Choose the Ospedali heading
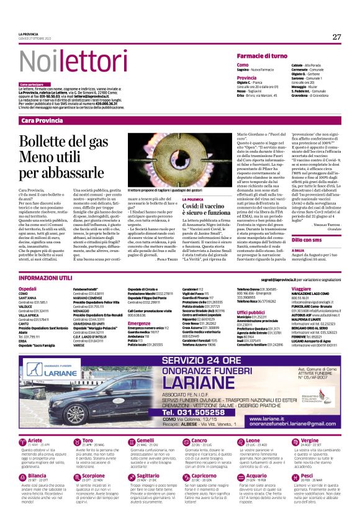27,289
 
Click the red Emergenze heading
139,323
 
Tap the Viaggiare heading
300,289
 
